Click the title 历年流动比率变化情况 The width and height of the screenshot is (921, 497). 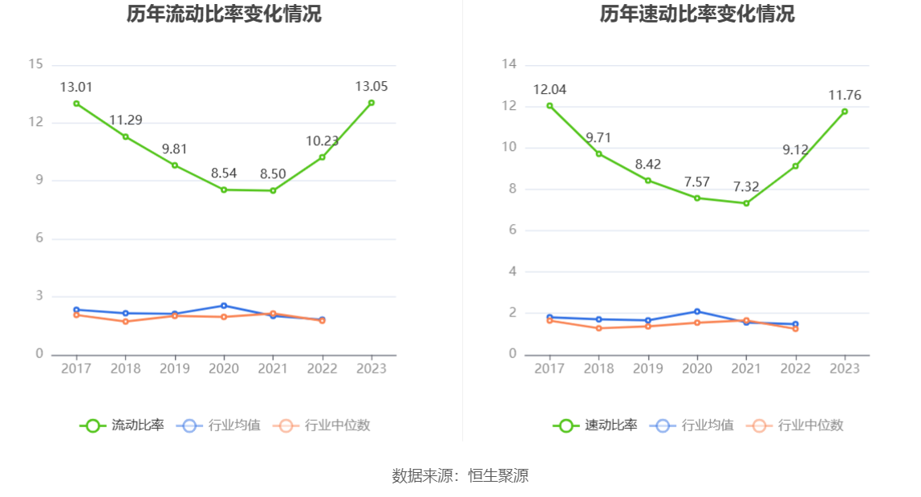pyautogui.click(x=224, y=14)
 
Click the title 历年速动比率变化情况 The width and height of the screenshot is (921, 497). pyautogui.click(x=697, y=14)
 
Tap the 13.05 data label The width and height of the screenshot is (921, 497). pyautogui.click(x=371, y=86)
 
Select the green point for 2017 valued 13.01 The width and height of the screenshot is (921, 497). pyautogui.click(x=76, y=104)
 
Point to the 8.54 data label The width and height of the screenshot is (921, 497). pyautogui.click(x=224, y=173)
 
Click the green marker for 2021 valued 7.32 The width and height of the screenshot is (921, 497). pyautogui.click(x=746, y=203)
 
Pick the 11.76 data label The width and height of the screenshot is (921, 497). pyautogui.click(x=845, y=96)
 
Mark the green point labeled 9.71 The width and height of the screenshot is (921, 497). pyautogui.click(x=598, y=153)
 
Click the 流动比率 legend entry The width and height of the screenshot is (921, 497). pyautogui.click(x=122, y=426)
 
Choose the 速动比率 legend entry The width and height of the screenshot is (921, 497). pyautogui.click(x=595, y=426)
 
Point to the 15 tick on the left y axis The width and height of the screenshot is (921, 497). pyautogui.click(x=35, y=64)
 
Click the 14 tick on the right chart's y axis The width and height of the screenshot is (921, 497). pyautogui.click(x=509, y=64)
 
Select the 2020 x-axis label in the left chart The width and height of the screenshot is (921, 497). pyautogui.click(x=224, y=369)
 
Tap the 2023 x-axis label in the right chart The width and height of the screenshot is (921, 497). pyautogui.click(x=845, y=369)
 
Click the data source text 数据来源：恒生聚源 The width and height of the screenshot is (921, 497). pyautogui.click(x=460, y=475)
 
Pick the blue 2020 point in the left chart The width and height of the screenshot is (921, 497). pyautogui.click(x=224, y=305)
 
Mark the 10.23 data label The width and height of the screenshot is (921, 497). pyautogui.click(x=322, y=141)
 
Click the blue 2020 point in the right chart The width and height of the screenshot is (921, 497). pyautogui.click(x=697, y=312)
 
